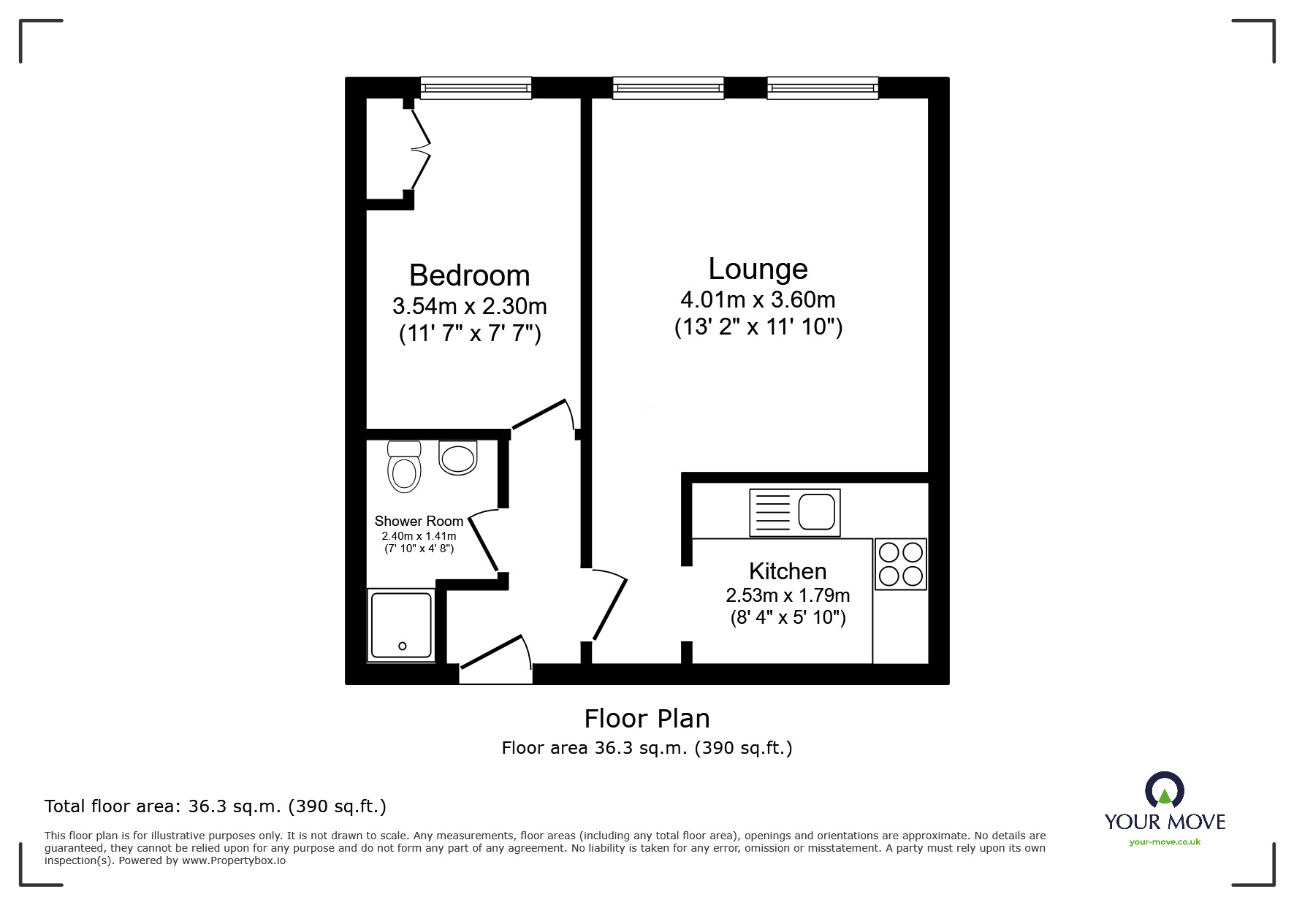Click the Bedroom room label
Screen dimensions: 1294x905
click(x=469, y=275)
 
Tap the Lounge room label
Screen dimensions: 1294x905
click(x=758, y=269)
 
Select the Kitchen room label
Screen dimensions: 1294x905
click(x=788, y=570)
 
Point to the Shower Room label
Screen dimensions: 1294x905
click(x=419, y=521)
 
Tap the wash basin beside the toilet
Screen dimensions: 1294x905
click(x=458, y=457)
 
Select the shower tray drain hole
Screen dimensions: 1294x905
click(x=402, y=646)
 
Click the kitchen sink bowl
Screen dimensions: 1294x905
click(x=816, y=512)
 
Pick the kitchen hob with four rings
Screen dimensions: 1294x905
click(x=901, y=564)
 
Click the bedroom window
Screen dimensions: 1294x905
click(x=476, y=88)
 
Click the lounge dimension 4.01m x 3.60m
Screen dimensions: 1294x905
click(x=758, y=299)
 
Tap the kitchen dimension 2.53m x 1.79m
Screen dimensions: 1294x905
click(x=788, y=595)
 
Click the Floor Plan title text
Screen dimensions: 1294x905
click(x=647, y=719)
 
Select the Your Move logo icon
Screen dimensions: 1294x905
click(x=1164, y=790)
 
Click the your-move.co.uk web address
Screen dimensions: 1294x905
click(x=1165, y=842)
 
